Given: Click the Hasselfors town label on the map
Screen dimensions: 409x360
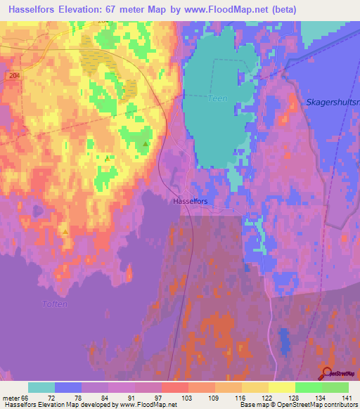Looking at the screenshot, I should [189, 200].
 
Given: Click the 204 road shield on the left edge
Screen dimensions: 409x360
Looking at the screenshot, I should [13, 74].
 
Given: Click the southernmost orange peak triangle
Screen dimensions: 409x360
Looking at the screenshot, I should [65, 231].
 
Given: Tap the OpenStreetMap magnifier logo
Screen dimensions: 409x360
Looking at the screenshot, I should [328, 374].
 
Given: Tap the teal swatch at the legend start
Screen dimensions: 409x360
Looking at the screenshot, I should [41, 387].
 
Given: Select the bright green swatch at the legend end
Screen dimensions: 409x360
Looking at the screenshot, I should [335, 387].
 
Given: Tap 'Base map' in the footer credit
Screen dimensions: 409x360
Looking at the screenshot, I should [255, 405].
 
